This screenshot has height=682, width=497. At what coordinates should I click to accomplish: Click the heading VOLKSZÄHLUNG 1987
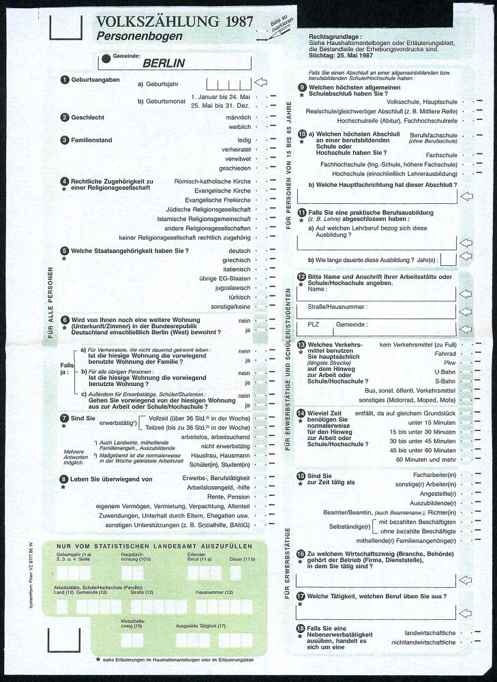pyautogui.click(x=166, y=23)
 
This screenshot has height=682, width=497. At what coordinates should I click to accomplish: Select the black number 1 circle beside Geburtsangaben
pyautogui.click(x=65, y=80)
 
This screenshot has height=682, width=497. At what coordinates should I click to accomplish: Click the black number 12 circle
pyautogui.click(x=301, y=276)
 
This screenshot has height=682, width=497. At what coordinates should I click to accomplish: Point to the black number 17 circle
pyautogui.click(x=301, y=595)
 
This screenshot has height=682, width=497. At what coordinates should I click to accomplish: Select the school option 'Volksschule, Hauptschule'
pyautogui.click(x=421, y=101)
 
